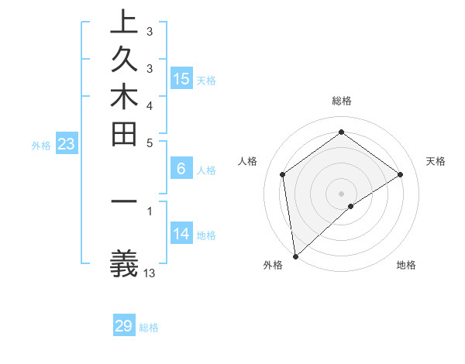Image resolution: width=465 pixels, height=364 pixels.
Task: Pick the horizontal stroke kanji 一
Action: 125,204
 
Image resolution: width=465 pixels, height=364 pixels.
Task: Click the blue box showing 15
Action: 181,78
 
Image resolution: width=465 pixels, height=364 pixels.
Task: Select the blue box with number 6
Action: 181,168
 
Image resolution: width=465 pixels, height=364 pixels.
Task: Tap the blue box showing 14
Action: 181,233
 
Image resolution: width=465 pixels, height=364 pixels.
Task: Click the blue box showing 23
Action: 67,143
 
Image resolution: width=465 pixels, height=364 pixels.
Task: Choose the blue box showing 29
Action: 124,326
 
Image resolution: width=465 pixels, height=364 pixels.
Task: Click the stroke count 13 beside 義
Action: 150,273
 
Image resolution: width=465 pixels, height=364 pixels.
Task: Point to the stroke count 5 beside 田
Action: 150,143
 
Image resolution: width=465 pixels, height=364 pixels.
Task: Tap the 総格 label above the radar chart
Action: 342,101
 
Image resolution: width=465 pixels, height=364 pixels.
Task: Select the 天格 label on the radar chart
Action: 436,161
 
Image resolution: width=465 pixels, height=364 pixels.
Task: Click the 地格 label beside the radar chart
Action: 406,265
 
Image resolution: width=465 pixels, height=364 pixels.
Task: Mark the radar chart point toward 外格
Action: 295,256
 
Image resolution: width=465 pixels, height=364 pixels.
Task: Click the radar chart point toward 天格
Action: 401,174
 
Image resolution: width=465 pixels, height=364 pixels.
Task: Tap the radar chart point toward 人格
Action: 283,174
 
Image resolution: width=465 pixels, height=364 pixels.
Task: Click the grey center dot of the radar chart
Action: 342,193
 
